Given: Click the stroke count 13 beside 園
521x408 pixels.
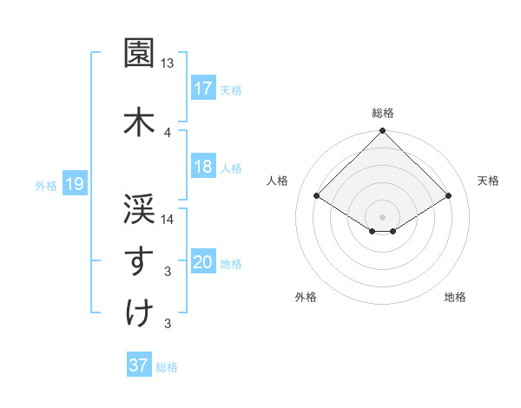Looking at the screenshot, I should (168, 63).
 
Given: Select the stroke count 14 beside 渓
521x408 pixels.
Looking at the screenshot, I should (168, 220).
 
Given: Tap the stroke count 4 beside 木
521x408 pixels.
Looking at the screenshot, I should (168, 132).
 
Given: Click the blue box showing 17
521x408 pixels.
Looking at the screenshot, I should (203, 88).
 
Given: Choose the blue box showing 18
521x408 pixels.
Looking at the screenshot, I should (203, 167).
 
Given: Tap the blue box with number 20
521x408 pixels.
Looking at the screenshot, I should (203, 263).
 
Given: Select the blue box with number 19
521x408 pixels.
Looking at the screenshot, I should (75, 184).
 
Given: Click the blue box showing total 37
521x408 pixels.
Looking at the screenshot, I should (138, 365).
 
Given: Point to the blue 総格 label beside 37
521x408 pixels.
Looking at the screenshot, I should (167, 367).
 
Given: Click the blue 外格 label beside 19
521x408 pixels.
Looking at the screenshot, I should (46, 185).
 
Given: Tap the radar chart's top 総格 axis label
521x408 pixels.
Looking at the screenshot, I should (382, 113).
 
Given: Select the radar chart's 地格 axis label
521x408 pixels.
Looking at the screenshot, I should (455, 298).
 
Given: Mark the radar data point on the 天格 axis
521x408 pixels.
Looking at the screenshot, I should (449, 196).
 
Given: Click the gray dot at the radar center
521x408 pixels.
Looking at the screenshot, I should (382, 215).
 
